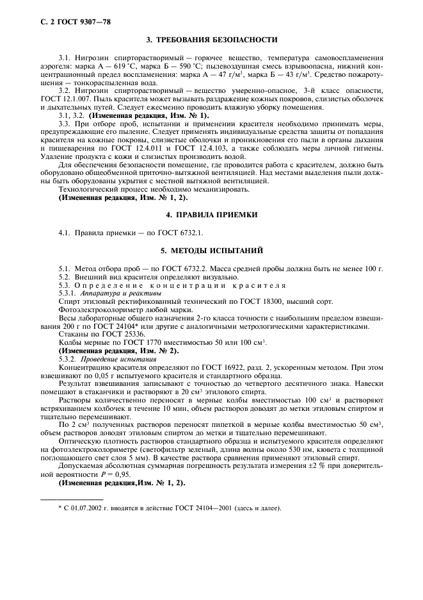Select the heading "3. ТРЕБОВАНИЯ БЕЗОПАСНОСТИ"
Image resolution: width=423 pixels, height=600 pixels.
212,40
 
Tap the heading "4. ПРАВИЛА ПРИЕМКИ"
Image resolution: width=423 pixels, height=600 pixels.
212,214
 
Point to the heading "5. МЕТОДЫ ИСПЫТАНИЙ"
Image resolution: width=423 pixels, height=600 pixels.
212,249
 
